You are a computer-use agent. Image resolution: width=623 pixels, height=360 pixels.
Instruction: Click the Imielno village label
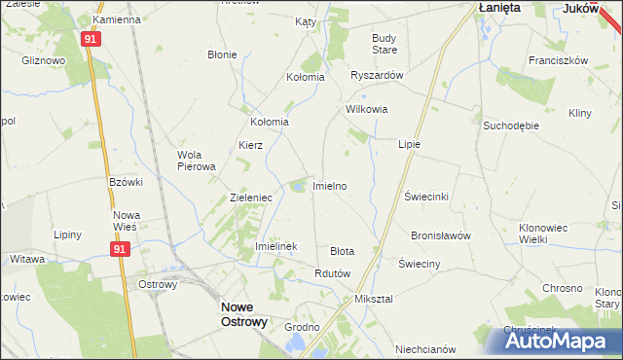329,185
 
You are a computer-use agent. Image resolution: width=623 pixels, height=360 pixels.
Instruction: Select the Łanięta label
499,7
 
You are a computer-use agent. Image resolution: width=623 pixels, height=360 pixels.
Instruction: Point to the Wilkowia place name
367,110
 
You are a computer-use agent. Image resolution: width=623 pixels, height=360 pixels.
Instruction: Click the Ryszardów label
376,74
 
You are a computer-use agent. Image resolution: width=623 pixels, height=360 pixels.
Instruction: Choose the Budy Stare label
385,43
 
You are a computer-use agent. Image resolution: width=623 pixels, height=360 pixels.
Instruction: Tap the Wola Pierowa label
196,161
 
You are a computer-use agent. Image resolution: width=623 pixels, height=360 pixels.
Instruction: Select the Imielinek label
275,247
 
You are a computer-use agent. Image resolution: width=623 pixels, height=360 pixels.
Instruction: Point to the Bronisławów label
441,235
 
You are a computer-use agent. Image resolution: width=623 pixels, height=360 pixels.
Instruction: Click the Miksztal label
374,299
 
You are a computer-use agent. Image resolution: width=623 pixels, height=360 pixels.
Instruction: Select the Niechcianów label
426,348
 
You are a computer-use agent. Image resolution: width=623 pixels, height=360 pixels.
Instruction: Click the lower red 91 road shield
119,250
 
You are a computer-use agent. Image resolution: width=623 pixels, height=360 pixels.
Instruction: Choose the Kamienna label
117,19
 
